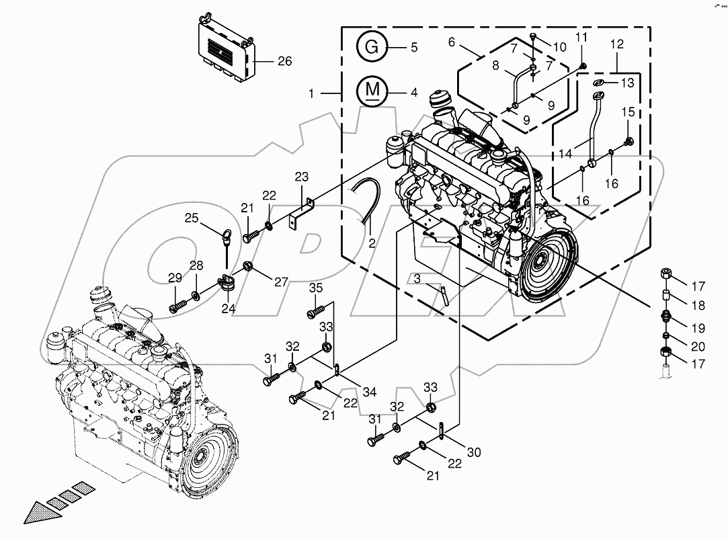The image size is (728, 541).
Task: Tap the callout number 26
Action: [284, 61]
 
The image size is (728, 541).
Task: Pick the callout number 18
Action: [698, 306]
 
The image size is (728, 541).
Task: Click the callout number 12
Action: [616, 45]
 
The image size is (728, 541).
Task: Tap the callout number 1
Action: [311, 94]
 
